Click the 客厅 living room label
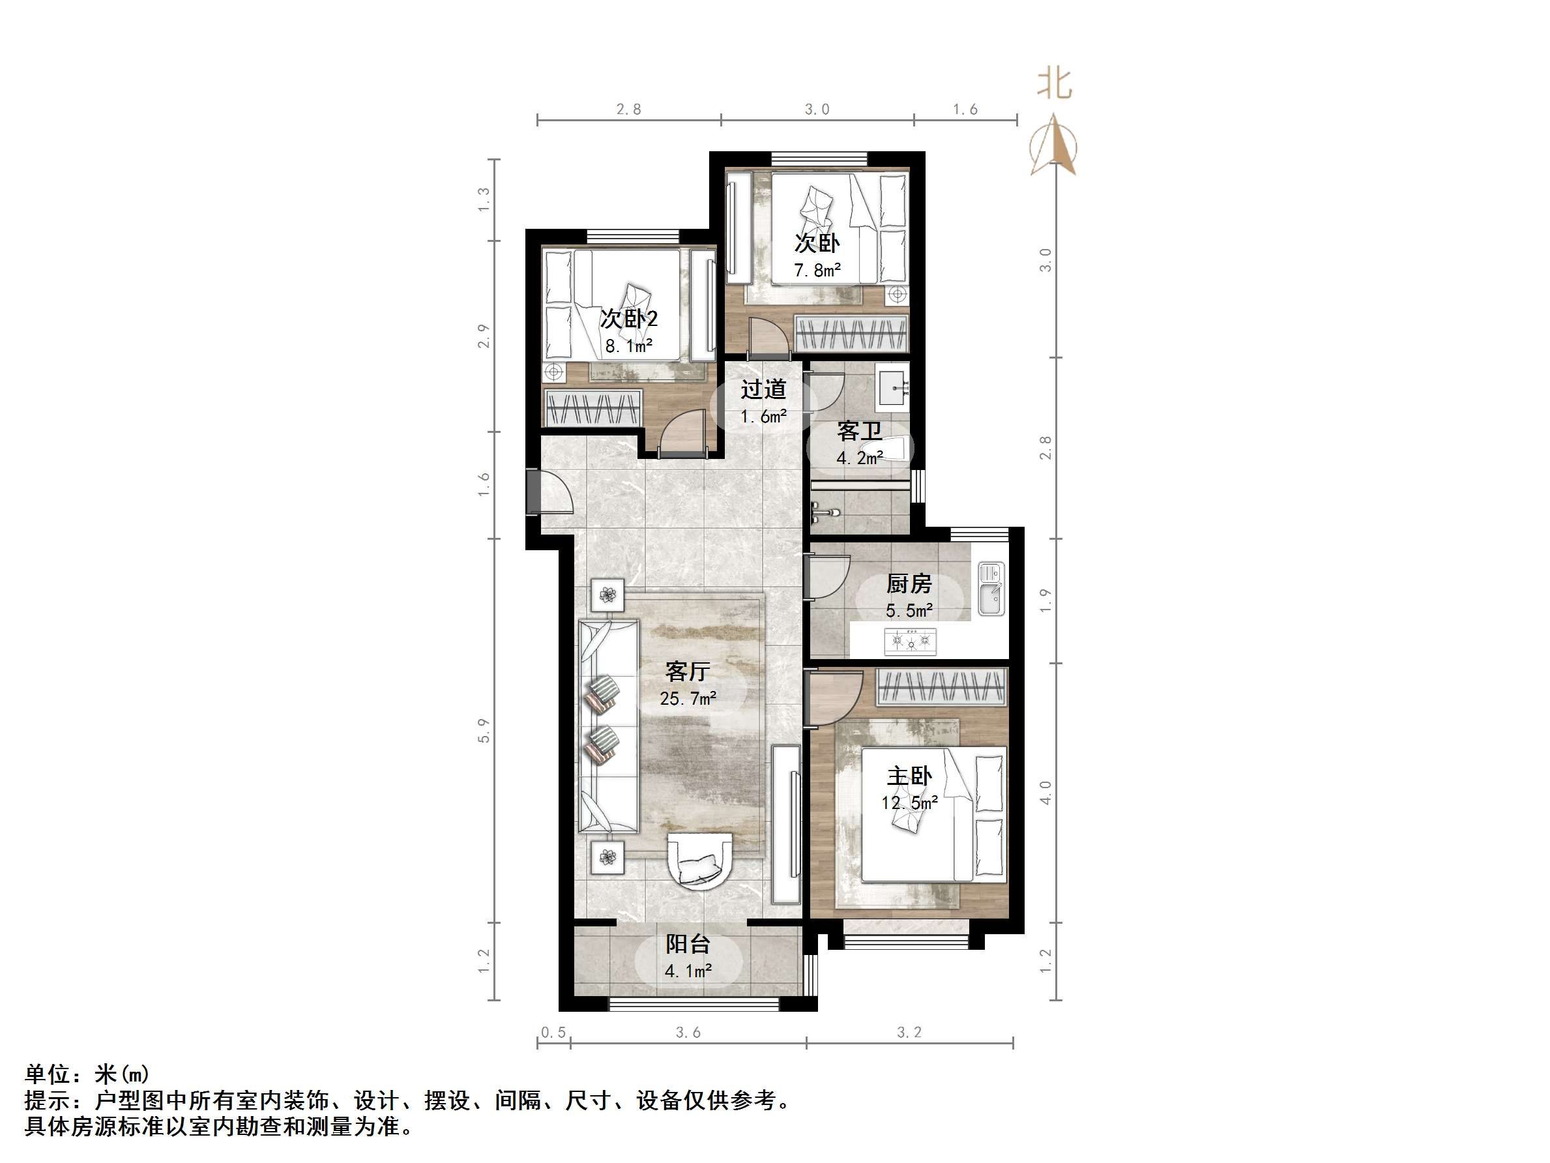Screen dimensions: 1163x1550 click(x=688, y=671)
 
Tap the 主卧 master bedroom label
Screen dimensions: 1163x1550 click(x=909, y=776)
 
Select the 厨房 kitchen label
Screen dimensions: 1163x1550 click(x=909, y=583)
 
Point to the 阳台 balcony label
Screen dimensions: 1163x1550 click(x=688, y=944)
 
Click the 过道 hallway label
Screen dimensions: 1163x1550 click(x=763, y=390)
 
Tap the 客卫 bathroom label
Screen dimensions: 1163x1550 click(x=859, y=431)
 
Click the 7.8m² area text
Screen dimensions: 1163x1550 click(x=817, y=271)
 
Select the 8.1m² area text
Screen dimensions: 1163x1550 click(x=628, y=346)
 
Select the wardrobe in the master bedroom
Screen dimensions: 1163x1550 click(x=941, y=686)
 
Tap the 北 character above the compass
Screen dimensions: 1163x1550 click(x=1054, y=83)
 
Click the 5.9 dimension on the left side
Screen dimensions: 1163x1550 click(x=484, y=731)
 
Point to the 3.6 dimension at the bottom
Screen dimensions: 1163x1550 click(x=688, y=1032)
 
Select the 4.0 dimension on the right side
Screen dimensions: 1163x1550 click(x=1046, y=792)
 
